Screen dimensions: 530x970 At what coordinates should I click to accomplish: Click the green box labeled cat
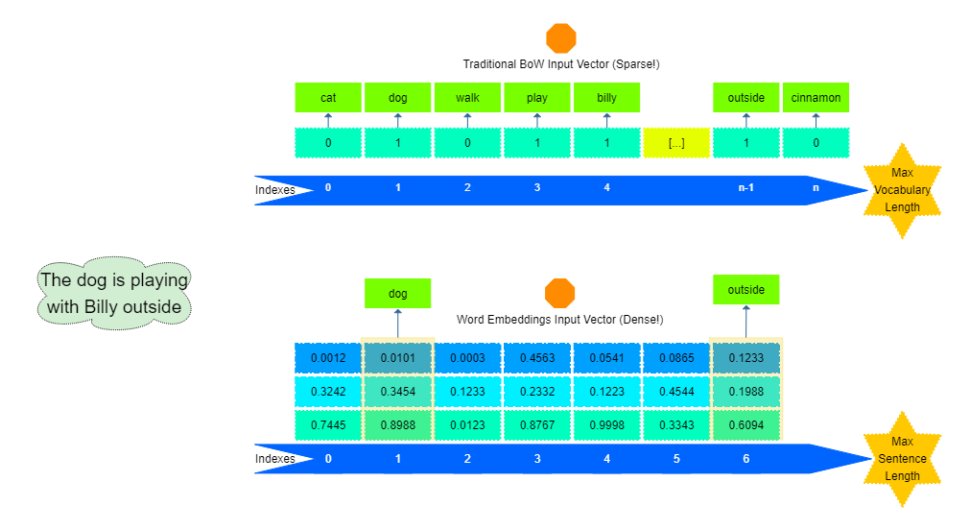point(328,98)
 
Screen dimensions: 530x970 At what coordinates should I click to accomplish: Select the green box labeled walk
point(467,98)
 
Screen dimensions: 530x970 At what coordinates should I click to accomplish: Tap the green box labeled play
point(537,98)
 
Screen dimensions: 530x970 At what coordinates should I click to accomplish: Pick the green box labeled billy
point(606,98)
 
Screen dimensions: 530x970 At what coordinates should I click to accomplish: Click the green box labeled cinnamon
point(816,98)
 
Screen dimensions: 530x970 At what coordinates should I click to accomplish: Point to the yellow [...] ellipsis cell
point(676,143)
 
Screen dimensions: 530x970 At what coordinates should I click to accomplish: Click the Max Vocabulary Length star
point(902,191)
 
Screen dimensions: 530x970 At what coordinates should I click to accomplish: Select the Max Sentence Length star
point(902,459)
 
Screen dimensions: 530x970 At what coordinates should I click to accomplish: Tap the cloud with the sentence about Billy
point(114,293)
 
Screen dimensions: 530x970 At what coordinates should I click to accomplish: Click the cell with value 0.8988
point(398,425)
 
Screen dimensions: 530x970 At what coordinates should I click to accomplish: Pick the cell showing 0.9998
point(606,425)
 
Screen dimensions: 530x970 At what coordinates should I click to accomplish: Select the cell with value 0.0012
point(328,358)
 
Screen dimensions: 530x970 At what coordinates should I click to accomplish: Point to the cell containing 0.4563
point(537,358)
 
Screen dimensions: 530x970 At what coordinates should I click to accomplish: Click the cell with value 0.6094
point(745,425)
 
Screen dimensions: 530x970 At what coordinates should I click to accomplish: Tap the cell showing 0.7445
point(328,425)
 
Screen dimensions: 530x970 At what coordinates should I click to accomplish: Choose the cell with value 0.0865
point(676,358)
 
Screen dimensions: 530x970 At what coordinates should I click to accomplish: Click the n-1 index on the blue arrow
point(745,187)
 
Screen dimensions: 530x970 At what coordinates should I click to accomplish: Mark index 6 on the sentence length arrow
point(745,459)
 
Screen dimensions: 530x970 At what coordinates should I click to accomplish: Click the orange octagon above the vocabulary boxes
point(561,38)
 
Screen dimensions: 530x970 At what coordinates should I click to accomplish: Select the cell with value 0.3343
point(676,425)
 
